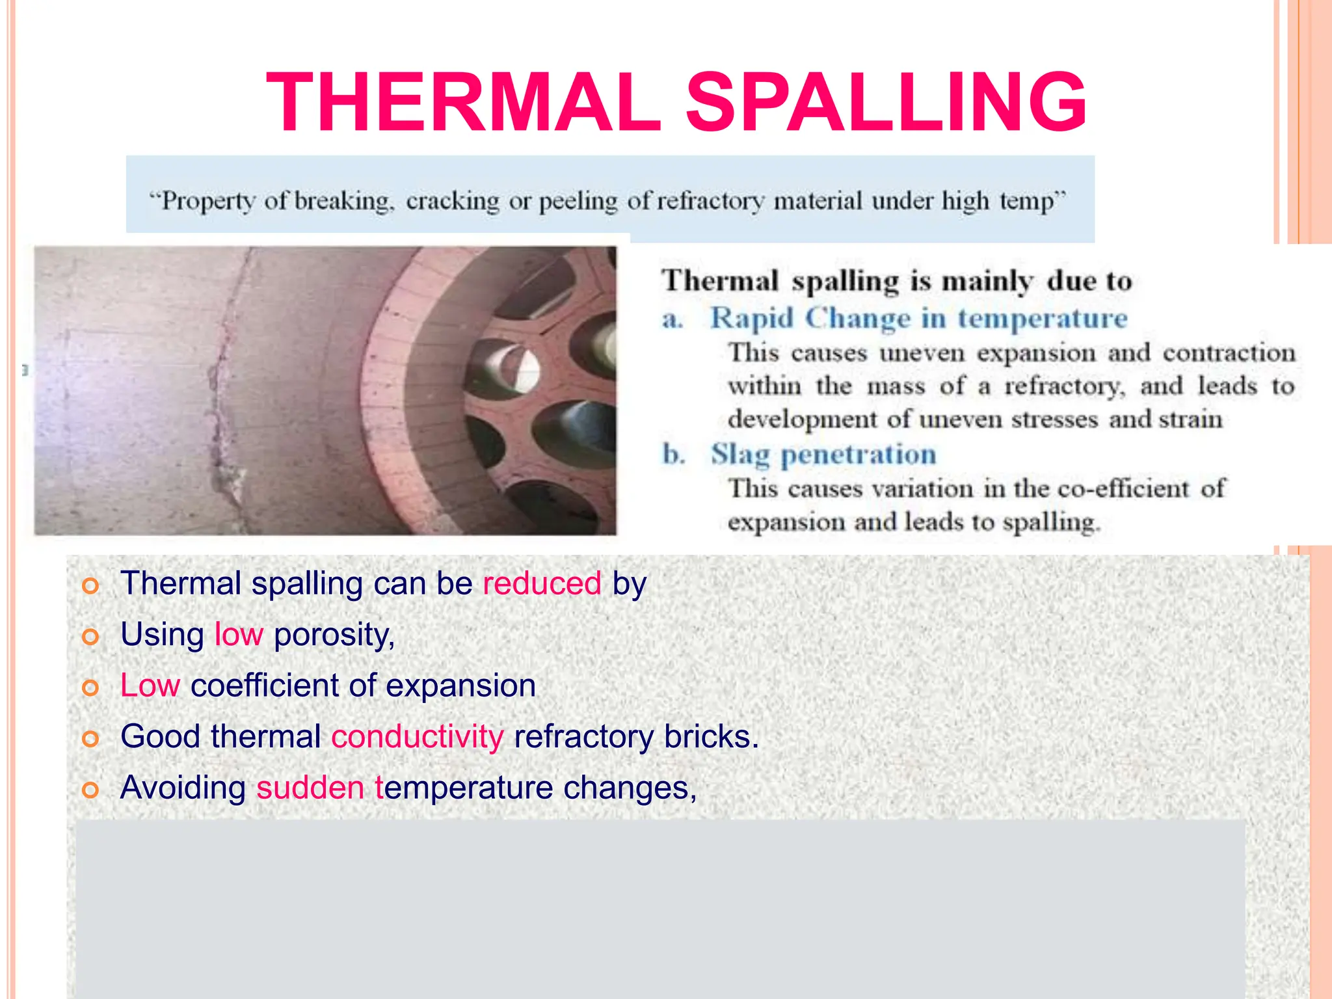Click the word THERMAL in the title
pos(464,103)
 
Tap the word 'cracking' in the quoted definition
pos(453,201)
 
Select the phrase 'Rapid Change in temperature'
pos(918,319)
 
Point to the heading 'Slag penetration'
pos(823,455)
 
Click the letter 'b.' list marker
pos(674,455)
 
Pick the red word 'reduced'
pos(542,583)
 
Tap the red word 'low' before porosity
pos(239,634)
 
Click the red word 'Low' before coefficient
pos(150,686)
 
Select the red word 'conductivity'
pos(418,737)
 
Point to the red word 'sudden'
pos(310,788)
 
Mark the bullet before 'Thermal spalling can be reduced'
pos(90,586)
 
